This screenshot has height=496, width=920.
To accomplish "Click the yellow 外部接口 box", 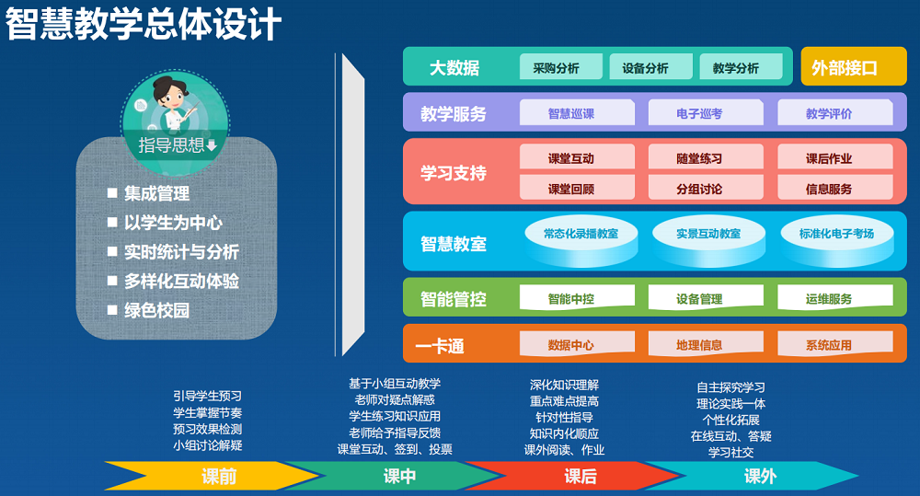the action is (854, 66).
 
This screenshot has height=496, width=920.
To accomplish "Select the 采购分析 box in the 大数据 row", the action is (561, 67).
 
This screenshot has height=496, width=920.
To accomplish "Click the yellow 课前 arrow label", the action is (219, 476).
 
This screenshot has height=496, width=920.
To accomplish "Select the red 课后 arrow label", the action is (581, 476).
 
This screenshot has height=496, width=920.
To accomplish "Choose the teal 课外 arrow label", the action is (761, 476).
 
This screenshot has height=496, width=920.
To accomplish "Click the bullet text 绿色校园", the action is (156, 310).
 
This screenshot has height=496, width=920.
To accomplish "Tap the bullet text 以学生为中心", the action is (173, 223).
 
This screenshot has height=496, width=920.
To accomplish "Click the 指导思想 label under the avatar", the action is (171, 145).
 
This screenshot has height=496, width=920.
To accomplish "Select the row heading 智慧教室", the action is (454, 244).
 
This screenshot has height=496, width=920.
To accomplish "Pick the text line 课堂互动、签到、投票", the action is (395, 450).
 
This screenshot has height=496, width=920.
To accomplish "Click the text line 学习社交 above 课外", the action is (730, 453).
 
